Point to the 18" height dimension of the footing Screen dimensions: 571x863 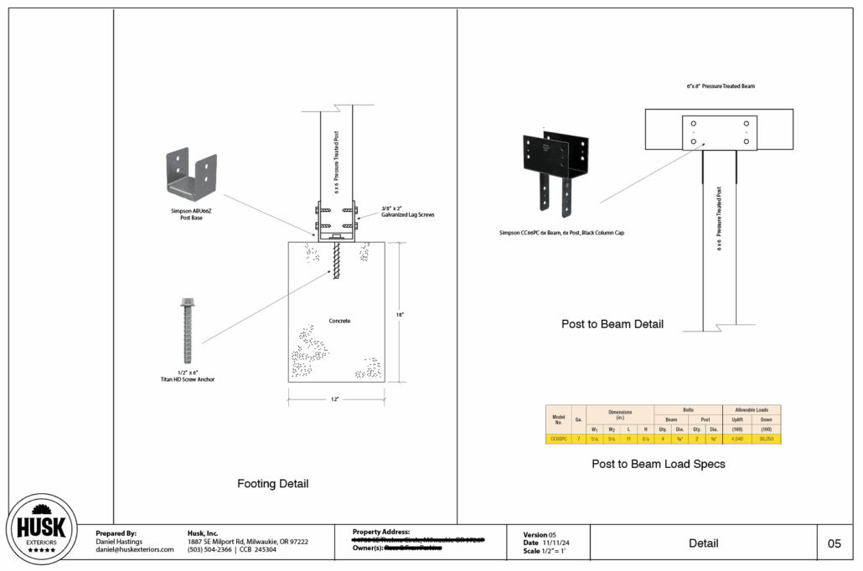pyautogui.click(x=401, y=314)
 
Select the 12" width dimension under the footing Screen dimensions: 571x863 pyautogui.click(x=335, y=399)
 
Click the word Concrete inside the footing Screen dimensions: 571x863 pyautogui.click(x=338, y=321)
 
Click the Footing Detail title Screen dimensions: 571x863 pyautogui.click(x=273, y=484)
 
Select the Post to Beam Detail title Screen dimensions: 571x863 pyautogui.click(x=612, y=324)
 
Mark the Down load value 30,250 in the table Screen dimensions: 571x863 pyautogui.click(x=766, y=438)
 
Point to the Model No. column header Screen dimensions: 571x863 pyautogui.click(x=558, y=419)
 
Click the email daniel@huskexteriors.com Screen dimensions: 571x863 pyautogui.click(x=135, y=549)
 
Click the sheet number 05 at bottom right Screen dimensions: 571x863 pyautogui.click(x=835, y=543)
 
